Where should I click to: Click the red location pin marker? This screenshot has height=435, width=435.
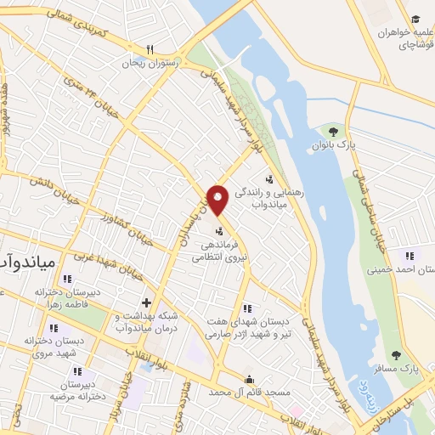217,199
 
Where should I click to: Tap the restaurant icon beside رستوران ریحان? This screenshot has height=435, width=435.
150,49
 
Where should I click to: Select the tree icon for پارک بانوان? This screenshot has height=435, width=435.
333,132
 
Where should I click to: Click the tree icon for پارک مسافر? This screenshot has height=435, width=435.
394,355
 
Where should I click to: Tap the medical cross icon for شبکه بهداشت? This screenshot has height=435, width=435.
146,302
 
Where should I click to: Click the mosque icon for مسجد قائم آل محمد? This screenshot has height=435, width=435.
248,379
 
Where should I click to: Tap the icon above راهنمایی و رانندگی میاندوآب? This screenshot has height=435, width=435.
269,179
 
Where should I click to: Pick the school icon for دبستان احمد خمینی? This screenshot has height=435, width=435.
410,255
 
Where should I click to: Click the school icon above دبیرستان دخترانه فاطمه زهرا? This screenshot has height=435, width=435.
67,278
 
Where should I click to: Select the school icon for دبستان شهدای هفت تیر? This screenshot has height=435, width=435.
247,308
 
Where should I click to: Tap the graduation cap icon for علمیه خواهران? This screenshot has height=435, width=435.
415,20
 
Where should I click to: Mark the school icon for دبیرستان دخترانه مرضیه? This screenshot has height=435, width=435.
77,371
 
